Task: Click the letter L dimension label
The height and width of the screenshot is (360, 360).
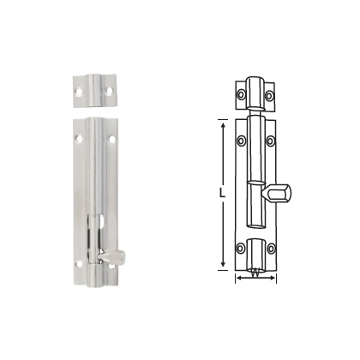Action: coord(222,193)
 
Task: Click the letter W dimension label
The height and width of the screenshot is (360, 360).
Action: coord(255,273)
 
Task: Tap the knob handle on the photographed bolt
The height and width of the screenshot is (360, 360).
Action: coord(111,255)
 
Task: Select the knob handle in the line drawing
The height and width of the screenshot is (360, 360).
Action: coord(276,193)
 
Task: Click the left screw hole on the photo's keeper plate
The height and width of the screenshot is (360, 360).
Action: coord(79,92)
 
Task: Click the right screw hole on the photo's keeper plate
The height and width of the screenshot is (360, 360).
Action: coord(109,90)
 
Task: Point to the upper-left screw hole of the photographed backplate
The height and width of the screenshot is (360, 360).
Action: coord(79,139)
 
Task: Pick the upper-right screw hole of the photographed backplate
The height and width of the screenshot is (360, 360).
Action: coord(112,140)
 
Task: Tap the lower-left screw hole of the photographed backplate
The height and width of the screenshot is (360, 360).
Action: coord(79,264)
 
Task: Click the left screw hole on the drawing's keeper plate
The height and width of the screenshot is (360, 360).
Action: coord(242,94)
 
